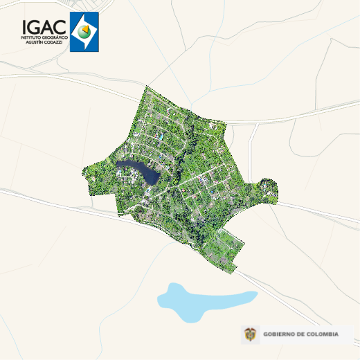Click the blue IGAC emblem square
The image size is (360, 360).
pos(84,32)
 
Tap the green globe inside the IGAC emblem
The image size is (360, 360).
pos(84,32)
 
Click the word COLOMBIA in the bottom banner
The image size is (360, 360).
pos(323,335)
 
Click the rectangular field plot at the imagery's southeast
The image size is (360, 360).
pos(225,246)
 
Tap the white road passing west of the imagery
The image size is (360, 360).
pos(42,197)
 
